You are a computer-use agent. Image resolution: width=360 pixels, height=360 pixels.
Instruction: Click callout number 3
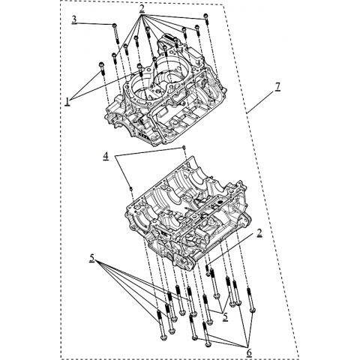pyautogui.click(x=74, y=19)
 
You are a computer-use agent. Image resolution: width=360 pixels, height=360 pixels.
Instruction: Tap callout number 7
pyautogui.click(x=277, y=87)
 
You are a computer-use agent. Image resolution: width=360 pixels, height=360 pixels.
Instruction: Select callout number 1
pyautogui.click(x=67, y=101)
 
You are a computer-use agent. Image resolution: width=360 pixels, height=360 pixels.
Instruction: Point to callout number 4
pyautogui.click(x=106, y=156)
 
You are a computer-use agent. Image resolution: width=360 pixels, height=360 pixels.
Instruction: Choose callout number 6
pyautogui.click(x=249, y=352)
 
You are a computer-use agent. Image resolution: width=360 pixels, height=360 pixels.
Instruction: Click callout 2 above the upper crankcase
pyautogui.click(x=142, y=8)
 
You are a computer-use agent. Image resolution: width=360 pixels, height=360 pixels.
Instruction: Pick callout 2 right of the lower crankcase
pyautogui.click(x=259, y=232)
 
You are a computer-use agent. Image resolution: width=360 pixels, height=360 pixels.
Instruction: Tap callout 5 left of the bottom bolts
pyautogui.click(x=92, y=258)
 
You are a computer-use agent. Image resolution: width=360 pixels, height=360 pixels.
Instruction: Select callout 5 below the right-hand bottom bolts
pyautogui.click(x=225, y=316)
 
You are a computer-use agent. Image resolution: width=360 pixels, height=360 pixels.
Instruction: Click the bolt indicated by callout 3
pyautogui.click(x=116, y=33)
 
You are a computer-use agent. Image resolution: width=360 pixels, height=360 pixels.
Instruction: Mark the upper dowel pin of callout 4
pyautogui.click(x=184, y=147)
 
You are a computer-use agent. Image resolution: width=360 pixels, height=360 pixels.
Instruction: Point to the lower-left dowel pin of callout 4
pyautogui.click(x=130, y=188)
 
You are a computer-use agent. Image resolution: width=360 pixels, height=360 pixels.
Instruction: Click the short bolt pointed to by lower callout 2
pyautogui.click(x=208, y=271)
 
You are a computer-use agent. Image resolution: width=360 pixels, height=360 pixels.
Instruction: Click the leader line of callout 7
pyautogui.click(x=260, y=103)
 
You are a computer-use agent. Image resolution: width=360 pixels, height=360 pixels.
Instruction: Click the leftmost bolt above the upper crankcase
pyautogui.click(x=102, y=68)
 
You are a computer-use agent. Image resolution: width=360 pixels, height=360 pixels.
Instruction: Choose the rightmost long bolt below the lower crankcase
pyautogui.click(x=250, y=300)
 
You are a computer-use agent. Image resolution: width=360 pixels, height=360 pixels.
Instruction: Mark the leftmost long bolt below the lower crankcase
pyautogui.click(x=161, y=325)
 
